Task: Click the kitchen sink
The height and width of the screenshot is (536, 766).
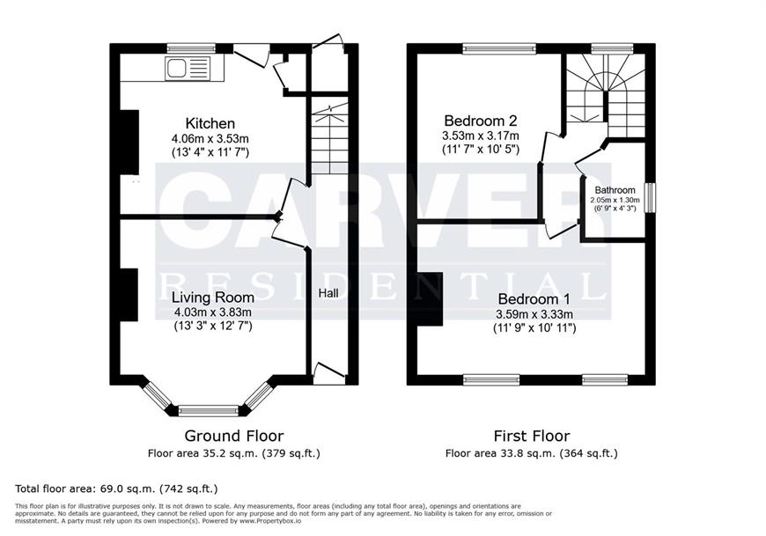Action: coord(188,68)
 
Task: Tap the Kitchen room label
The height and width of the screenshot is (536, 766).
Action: coord(210,123)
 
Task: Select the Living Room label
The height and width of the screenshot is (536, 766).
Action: coord(213,297)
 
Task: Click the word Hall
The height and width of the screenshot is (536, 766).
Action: coord(328,293)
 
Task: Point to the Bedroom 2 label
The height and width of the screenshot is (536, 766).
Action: coord(481,120)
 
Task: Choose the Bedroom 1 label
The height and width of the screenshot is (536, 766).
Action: coord(534,298)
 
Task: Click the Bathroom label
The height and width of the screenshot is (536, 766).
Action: coord(615,190)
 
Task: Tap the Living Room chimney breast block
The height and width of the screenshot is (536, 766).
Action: coord(129,294)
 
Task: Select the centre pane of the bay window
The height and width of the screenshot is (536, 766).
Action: coord(209,410)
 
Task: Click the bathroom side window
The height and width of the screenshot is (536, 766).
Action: coord(651,198)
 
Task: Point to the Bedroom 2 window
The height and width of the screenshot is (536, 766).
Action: coord(500,48)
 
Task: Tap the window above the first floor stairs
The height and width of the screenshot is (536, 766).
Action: coord(613,48)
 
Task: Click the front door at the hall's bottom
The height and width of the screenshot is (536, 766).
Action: coord(328,374)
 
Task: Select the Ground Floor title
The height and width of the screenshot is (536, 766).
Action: coord(234,436)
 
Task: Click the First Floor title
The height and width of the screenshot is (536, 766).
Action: coord(532,436)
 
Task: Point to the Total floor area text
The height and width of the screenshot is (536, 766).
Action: coord(117,488)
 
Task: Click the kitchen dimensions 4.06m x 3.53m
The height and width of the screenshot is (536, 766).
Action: coord(210,139)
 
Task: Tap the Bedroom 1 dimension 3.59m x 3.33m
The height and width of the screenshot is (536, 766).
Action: coord(534,315)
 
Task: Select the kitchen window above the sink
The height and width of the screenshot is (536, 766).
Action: coord(191,48)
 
